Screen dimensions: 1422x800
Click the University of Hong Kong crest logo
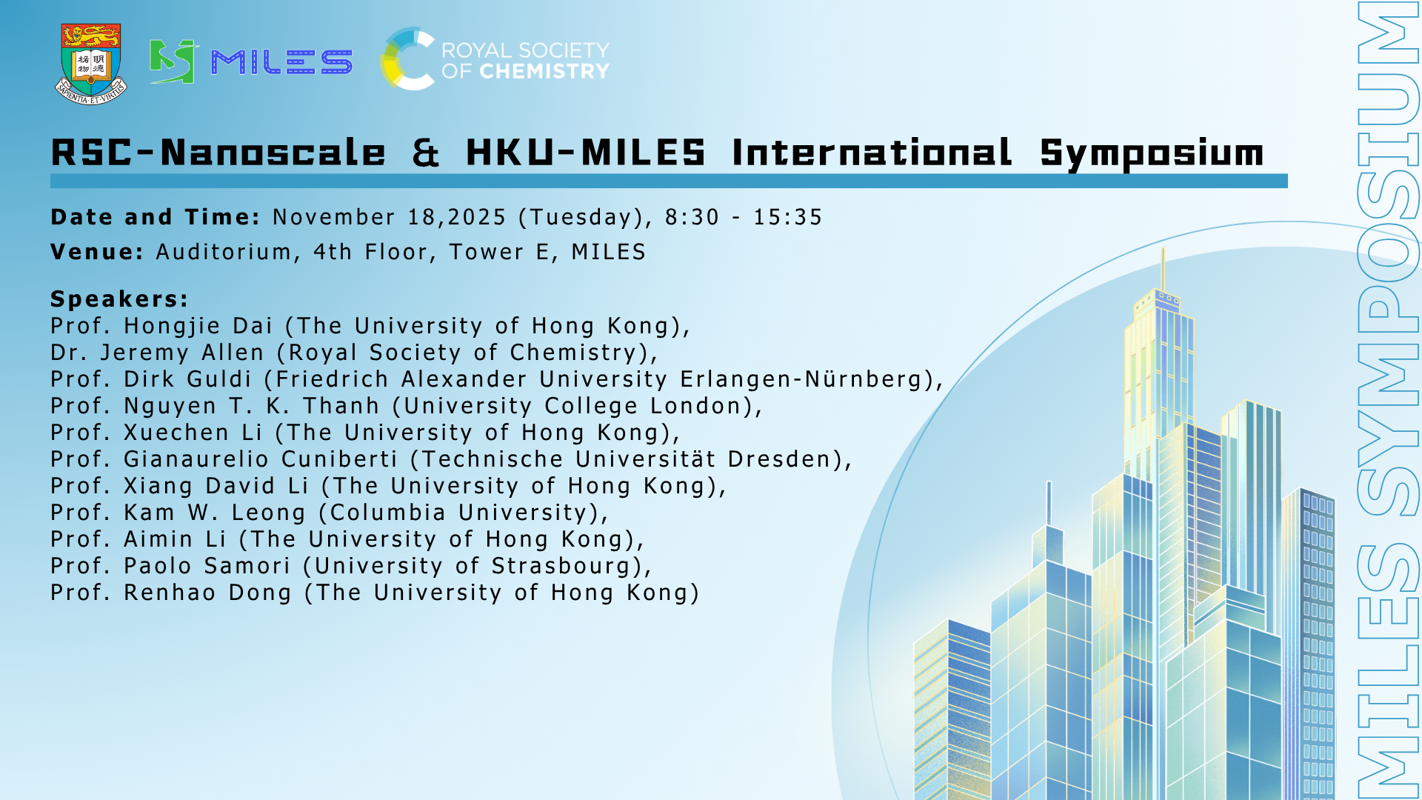click(x=91, y=64)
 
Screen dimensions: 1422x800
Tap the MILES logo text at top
click(x=281, y=62)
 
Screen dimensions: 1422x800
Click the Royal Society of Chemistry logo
click(x=495, y=59)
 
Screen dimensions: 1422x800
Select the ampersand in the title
click(x=426, y=153)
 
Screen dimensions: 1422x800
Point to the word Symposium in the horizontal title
click(x=1152, y=154)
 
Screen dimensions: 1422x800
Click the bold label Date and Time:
click(x=156, y=217)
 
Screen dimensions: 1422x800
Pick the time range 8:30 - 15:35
click(x=744, y=217)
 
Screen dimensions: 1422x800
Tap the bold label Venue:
click(x=97, y=252)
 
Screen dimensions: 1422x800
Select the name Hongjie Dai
click(x=198, y=326)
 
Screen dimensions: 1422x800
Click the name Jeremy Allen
click(x=182, y=353)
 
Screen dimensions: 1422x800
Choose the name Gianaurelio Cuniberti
click(x=261, y=459)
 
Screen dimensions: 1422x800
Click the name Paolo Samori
click(x=207, y=566)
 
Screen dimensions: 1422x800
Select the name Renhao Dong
click(x=207, y=593)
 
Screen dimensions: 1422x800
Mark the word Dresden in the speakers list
click(x=779, y=459)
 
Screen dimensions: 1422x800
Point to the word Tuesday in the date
click(x=581, y=217)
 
